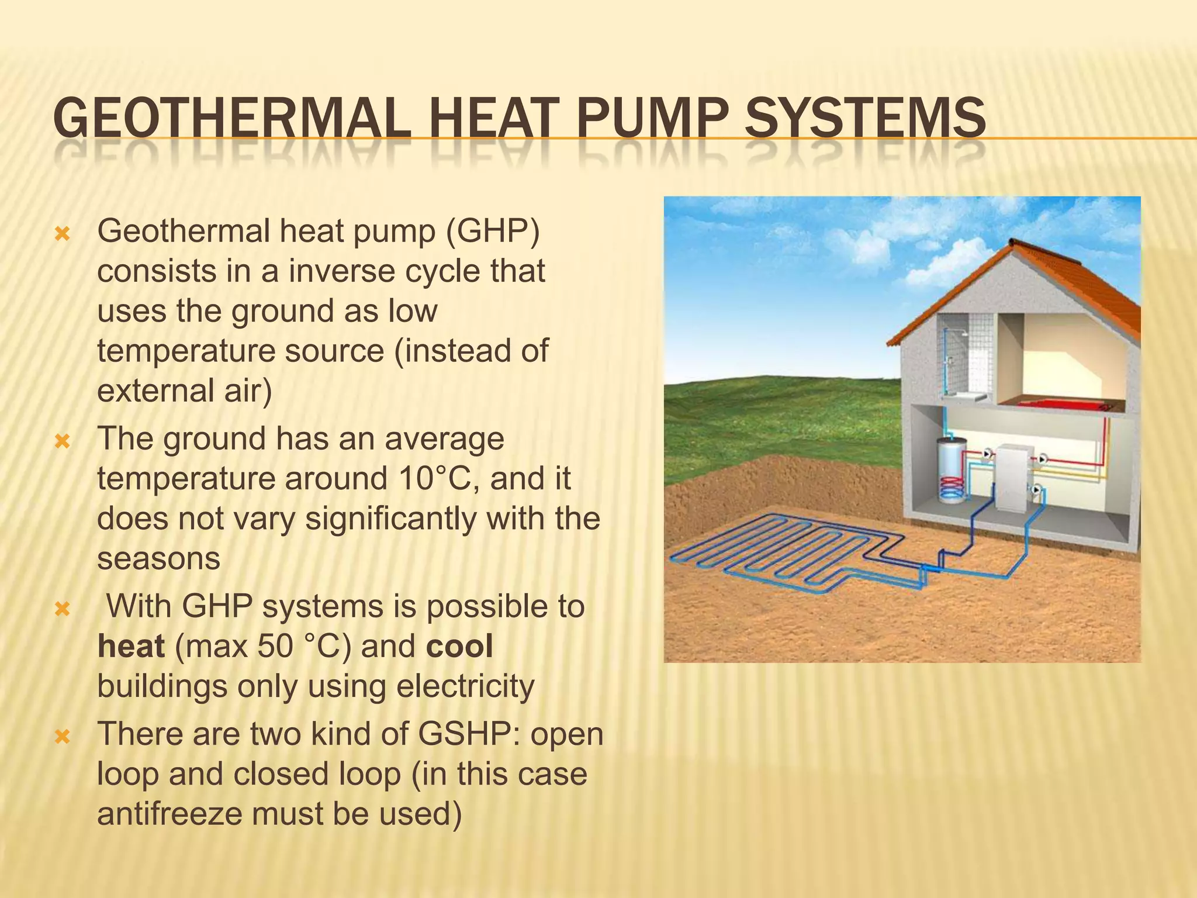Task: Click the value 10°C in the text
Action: tap(436, 478)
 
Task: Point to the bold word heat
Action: tap(131, 646)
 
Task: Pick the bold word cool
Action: tap(459, 646)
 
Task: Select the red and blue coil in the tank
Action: tap(950, 486)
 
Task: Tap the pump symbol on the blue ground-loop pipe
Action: tap(1036, 490)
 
